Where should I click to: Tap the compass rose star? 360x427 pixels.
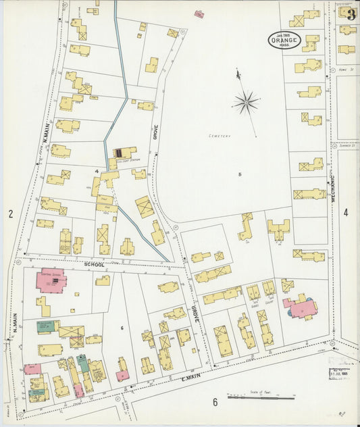coord(245,103)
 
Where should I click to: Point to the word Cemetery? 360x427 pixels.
coord(220,136)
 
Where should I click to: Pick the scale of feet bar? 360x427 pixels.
coord(261,397)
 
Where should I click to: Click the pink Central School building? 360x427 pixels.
coord(49,280)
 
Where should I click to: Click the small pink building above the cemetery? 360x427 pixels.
coord(199,14)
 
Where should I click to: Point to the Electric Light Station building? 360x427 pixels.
coord(124,154)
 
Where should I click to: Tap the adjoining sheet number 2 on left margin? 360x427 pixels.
coord(11,214)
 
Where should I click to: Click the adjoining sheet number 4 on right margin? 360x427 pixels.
coord(346,212)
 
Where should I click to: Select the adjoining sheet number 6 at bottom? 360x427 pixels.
coord(215,403)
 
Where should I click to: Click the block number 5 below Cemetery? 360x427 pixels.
coord(239,174)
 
